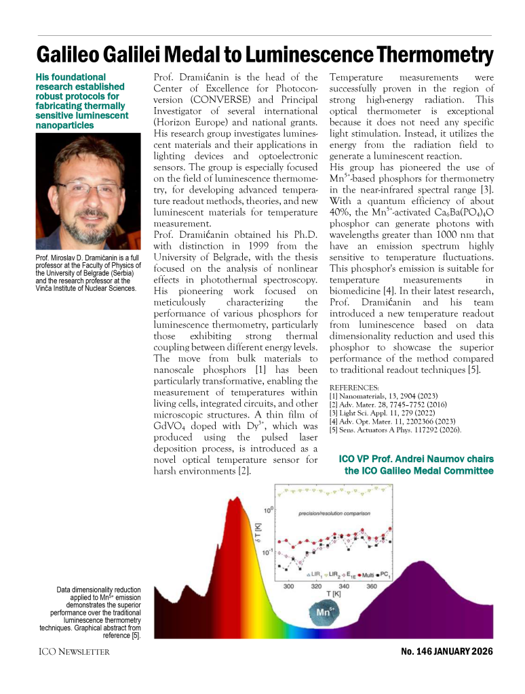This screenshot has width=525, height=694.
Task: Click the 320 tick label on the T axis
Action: coord(316,587)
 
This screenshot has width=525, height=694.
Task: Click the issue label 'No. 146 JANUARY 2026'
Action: coord(447,651)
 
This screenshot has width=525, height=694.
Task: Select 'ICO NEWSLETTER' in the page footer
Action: coord(75,652)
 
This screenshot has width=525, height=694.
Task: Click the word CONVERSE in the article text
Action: coord(207,101)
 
